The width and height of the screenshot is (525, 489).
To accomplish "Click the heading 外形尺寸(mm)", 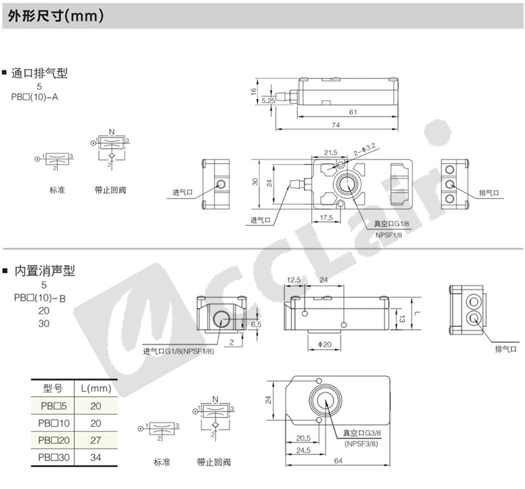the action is pos(56,16).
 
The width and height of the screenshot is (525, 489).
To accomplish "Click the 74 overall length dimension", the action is pos(336,125).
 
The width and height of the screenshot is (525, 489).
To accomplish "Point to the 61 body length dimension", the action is pos(354,112).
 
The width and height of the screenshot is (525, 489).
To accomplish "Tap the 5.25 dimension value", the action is pos(268,100).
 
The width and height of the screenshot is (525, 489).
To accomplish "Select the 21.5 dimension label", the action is pos(330,153).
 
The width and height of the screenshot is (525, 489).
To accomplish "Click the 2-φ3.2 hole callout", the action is pos(365,149).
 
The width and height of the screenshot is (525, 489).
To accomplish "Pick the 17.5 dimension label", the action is pos(326,217).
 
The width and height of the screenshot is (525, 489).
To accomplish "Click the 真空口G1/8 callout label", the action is pos(391,224).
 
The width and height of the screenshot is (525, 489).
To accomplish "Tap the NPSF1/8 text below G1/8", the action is pos(389,235).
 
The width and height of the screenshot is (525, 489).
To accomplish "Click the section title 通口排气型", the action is pos(39,73).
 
